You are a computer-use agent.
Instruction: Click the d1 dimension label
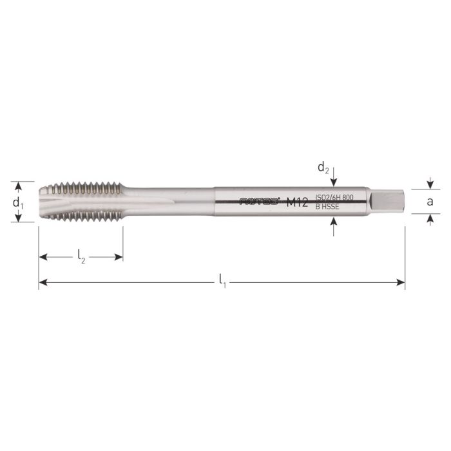19,202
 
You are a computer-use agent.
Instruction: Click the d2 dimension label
323,168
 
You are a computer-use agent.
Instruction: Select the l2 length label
81,257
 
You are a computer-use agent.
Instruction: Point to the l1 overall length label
222,281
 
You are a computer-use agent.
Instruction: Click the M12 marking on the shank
296,202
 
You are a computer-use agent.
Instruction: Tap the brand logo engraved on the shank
260,202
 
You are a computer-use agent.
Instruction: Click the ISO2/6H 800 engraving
334,197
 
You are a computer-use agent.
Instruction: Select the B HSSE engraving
326,207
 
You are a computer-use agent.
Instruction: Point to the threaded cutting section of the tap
84,201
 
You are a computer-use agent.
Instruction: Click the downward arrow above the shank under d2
334,181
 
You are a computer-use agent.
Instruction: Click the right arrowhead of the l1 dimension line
401,282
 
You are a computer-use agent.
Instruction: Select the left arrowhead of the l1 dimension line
43,282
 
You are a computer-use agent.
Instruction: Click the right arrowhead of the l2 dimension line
119,257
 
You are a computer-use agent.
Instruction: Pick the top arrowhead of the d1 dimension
19,186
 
